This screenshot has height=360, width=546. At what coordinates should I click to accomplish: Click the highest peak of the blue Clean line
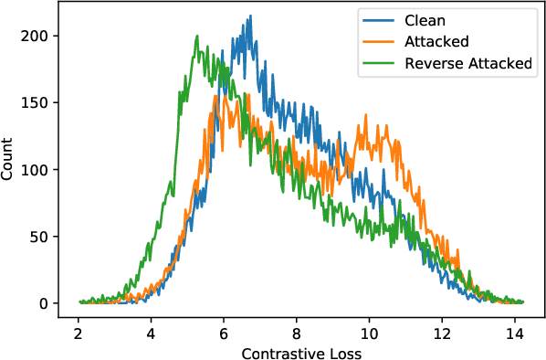[249, 16]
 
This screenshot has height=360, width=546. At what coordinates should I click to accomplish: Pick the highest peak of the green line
[197, 36]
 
